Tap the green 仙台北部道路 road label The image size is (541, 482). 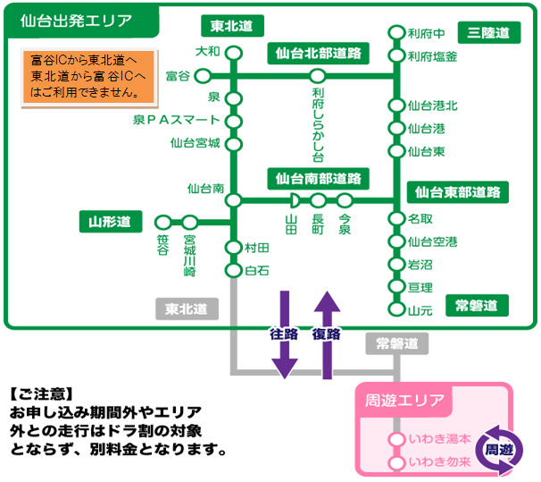click(317, 54)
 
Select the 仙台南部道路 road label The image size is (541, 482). click(317, 178)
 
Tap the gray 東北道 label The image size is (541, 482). click(187, 309)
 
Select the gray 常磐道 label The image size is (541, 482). click(395, 342)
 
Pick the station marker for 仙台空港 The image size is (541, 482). click(396, 241)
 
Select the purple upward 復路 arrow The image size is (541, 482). click(327, 331)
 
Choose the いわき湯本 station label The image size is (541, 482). click(438, 441)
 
